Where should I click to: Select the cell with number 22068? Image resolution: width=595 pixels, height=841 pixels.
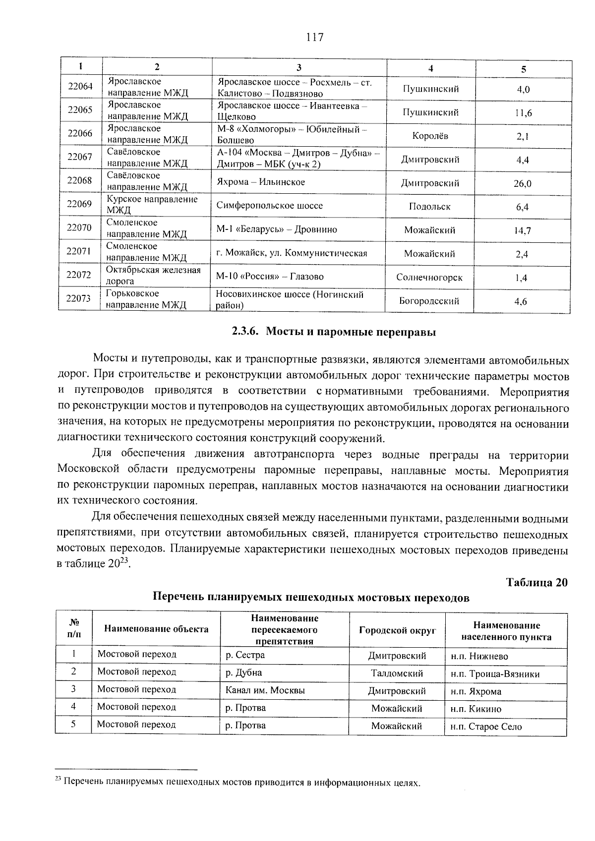click(x=80, y=181)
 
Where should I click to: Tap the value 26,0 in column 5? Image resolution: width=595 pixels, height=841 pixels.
click(x=522, y=184)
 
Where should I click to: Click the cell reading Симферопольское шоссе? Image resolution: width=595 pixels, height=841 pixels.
click(x=269, y=206)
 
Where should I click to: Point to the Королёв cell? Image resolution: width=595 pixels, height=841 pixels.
click(x=430, y=136)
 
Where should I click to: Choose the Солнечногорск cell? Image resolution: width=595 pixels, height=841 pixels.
click(x=429, y=278)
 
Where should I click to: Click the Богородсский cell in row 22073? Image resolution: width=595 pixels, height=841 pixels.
click(x=429, y=301)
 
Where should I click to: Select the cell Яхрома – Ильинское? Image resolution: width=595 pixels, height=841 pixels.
click(x=261, y=182)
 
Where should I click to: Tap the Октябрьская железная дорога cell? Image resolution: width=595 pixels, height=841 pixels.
click(x=153, y=276)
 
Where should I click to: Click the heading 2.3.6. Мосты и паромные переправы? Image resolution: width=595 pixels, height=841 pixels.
click(x=334, y=332)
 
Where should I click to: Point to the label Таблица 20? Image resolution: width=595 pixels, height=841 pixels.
click(x=536, y=582)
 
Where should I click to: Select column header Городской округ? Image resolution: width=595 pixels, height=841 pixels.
click(x=397, y=630)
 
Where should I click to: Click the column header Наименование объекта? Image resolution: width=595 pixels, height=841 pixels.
click(x=156, y=629)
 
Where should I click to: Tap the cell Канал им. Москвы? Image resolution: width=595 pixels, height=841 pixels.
click(x=265, y=690)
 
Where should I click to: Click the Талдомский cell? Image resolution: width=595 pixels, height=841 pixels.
click(x=397, y=673)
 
